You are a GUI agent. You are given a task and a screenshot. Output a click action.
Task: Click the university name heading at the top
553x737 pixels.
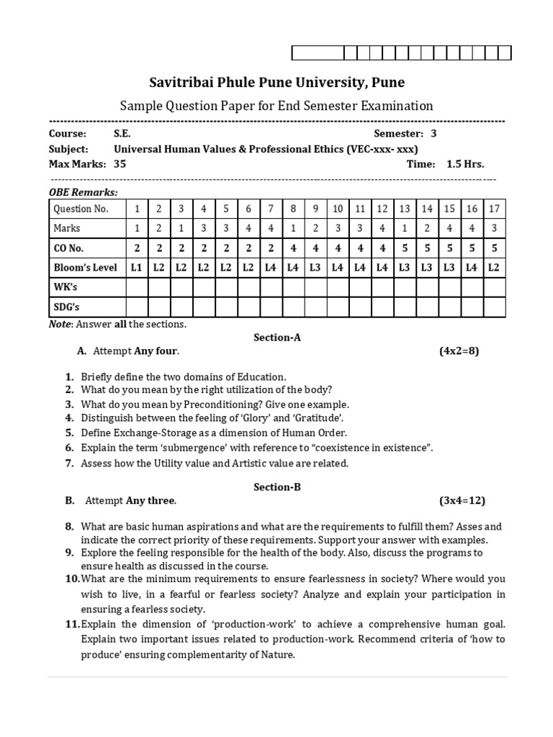tap(276, 82)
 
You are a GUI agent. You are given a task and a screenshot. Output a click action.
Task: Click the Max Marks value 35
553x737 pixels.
tap(120, 163)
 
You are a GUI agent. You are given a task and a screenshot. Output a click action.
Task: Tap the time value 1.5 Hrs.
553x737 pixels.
tap(465, 163)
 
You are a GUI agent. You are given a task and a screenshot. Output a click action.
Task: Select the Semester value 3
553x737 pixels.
tap(433, 133)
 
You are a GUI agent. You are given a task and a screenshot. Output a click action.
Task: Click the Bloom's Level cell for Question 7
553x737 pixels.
tap(271, 267)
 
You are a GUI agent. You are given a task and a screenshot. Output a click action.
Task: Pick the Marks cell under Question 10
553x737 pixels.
tap(337, 228)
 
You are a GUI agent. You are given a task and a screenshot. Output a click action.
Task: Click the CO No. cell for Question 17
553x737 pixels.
tap(494, 248)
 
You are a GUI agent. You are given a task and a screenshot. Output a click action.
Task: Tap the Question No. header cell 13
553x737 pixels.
tap(405, 209)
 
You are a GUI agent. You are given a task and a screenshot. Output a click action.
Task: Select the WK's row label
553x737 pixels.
tap(66, 287)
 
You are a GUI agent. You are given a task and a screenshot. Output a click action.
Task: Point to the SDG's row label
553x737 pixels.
tap(67, 307)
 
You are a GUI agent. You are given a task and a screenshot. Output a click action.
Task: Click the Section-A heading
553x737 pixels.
tap(276, 337)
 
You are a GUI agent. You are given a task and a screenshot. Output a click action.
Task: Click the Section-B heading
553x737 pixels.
tap(276, 487)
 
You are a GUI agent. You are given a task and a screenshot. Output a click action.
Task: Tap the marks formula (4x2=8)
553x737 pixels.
tap(459, 351)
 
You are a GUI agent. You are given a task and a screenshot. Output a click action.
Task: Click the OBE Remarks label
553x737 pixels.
tap(83, 192)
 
